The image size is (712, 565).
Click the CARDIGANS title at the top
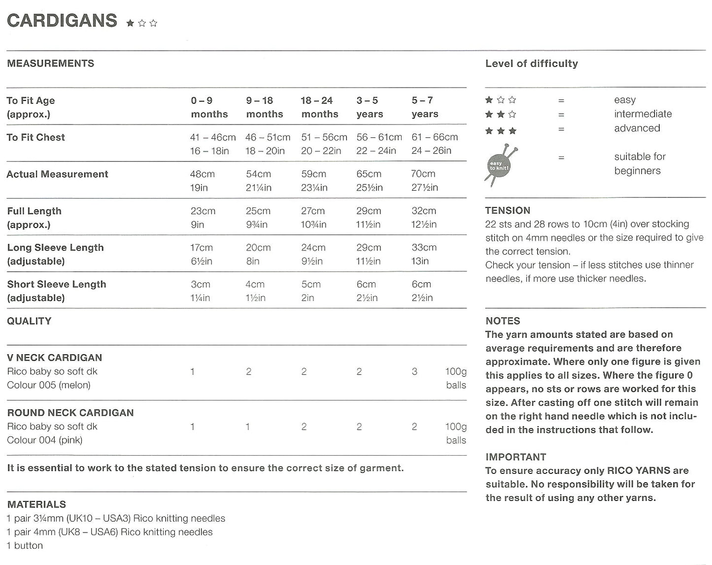click(62, 21)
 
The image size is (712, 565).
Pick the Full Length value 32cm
click(424, 211)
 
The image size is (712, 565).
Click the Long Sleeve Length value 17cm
click(202, 248)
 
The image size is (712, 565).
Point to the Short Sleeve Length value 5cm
click(311, 285)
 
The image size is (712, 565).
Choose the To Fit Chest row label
click(36, 137)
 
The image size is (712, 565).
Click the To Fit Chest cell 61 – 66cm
click(435, 137)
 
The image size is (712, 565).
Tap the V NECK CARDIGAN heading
click(55, 358)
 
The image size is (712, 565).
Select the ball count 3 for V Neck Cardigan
click(414, 372)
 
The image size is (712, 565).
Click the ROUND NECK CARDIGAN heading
click(70, 413)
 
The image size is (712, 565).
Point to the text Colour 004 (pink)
click(45, 440)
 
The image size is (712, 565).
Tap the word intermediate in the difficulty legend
click(643, 114)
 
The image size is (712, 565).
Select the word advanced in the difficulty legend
click(637, 128)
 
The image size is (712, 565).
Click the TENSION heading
click(508, 210)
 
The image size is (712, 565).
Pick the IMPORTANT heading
click(515, 457)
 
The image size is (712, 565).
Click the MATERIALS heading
click(36, 504)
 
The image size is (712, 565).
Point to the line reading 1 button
click(25, 545)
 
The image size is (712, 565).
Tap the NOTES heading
click(503, 321)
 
